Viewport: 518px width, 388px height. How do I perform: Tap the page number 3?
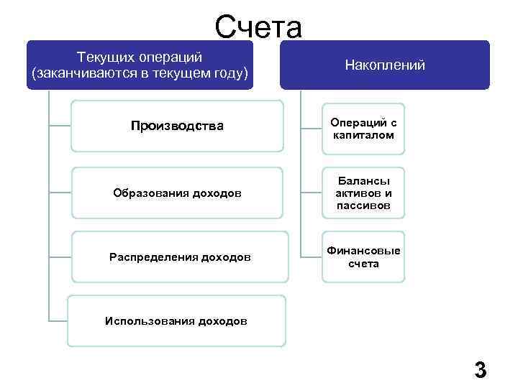481,371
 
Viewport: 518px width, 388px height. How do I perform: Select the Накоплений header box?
385,65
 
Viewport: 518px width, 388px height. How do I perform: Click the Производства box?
178,126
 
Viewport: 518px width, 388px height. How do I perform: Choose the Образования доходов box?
178,193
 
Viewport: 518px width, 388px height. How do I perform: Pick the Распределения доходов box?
180,257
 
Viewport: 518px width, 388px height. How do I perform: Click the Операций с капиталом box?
363,129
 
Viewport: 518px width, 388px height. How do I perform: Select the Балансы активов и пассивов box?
363,193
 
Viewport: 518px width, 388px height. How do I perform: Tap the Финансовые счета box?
363,257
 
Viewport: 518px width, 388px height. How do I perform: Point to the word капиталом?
363,135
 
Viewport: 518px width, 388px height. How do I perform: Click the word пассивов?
363,205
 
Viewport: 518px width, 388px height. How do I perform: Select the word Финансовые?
363,251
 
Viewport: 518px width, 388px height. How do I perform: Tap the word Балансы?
363,180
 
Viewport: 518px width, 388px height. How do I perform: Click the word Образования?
147,193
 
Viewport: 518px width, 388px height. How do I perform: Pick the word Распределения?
153,257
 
